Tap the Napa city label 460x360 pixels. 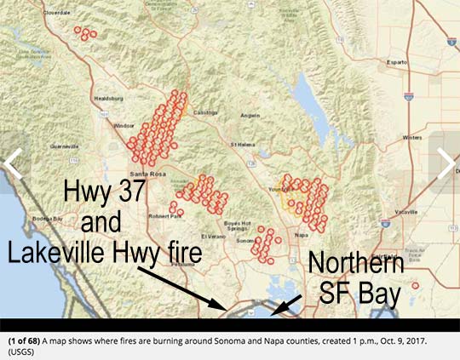point(300,231)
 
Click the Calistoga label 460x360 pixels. point(205,112)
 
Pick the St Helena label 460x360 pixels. point(242,144)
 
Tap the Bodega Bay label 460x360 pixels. point(48,219)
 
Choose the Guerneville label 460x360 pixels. point(64,146)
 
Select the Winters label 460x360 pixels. point(412,136)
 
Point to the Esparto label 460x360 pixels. point(397,62)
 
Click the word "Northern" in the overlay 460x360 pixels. point(356,262)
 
